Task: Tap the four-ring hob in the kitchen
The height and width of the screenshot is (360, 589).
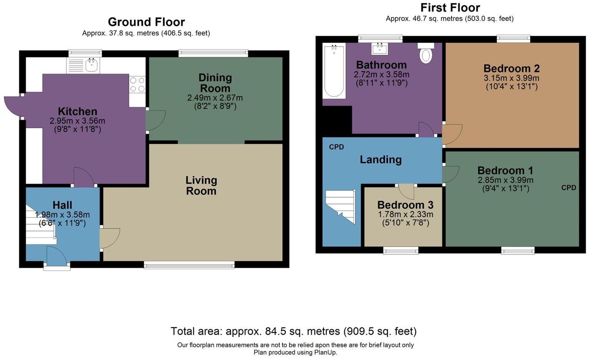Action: (137, 85)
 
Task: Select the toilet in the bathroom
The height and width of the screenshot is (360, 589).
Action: (426, 53)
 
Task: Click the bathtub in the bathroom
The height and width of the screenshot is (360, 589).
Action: (334, 71)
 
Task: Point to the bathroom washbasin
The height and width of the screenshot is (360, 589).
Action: (379, 49)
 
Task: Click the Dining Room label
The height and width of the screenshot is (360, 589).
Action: (215, 83)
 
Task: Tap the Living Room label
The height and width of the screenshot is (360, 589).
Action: (202, 185)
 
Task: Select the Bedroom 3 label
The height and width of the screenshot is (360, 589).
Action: (405, 205)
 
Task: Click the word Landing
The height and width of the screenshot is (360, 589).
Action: (381, 159)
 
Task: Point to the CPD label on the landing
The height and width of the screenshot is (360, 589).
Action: (337, 147)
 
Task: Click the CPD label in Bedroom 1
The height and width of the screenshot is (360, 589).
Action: (569, 188)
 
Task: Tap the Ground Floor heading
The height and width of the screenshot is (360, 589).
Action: (146, 22)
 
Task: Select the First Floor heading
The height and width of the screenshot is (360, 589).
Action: (450, 8)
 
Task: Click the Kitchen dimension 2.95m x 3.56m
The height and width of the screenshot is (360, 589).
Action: (77, 121)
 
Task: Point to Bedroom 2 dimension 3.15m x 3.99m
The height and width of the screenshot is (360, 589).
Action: (512, 78)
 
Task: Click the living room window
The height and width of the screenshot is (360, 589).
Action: (189, 265)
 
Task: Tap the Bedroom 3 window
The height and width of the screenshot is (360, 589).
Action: (401, 250)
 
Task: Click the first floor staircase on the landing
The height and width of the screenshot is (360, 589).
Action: (341, 206)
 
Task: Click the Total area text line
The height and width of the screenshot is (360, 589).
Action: (294, 331)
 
